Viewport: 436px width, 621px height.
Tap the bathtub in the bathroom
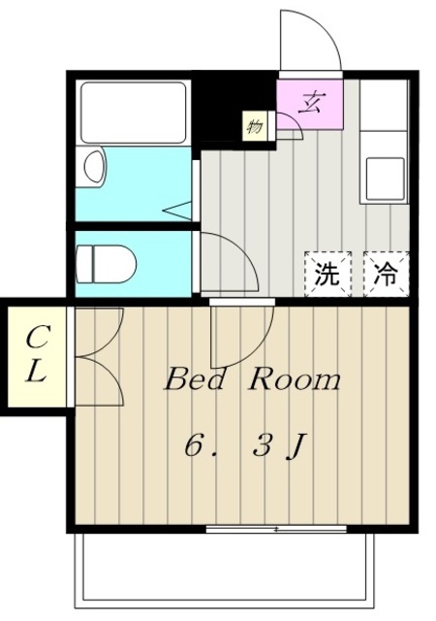pos(132,112)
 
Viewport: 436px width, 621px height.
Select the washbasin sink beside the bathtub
pos(94,167)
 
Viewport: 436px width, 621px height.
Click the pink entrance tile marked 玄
pos(310,102)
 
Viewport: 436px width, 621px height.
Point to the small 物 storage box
pos(255,126)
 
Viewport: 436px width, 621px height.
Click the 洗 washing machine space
pos(327,274)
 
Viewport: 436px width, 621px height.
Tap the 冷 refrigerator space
pos(386,274)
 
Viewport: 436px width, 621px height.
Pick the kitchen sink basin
pos(385,178)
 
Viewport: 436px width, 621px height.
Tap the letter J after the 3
pos(297,447)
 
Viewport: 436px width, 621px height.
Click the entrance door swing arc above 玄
pos(310,41)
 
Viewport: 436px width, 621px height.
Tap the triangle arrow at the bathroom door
pos(178,209)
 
